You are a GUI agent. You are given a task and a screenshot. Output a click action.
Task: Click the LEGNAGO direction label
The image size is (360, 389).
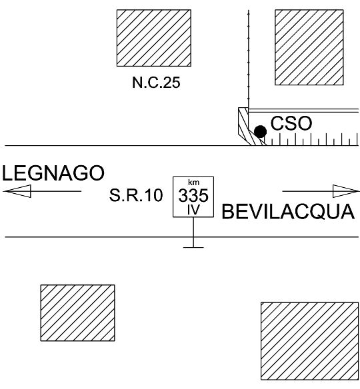[x=53, y=173]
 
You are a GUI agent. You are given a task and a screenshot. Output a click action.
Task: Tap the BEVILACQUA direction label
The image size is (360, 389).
[x=288, y=212]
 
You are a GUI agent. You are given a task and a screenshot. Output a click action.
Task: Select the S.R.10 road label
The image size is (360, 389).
[x=136, y=195]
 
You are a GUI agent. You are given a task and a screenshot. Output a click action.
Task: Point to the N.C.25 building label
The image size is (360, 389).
[x=156, y=83]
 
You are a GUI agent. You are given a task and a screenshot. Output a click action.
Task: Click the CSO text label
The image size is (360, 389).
[x=291, y=123]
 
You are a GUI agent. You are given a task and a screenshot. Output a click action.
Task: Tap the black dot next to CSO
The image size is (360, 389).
[x=261, y=131]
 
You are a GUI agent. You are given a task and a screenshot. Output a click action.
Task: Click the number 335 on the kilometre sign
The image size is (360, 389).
[x=193, y=195]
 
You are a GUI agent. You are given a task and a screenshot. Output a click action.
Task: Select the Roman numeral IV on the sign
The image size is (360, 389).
[x=193, y=210]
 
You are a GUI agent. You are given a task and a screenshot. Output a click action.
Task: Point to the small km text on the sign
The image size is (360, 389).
[x=193, y=183]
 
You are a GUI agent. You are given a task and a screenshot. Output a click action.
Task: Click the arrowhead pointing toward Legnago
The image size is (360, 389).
[x=17, y=191]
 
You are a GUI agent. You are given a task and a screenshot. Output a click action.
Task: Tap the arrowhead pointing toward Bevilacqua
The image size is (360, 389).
[x=346, y=191]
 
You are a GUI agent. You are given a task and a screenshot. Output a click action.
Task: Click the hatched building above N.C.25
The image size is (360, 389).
[x=154, y=38]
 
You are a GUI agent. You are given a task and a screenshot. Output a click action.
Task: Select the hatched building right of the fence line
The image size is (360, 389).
[x=309, y=47]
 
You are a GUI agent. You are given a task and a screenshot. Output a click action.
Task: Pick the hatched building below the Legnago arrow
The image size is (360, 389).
[x=78, y=313]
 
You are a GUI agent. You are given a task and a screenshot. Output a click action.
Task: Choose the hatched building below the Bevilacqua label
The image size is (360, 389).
[x=309, y=344]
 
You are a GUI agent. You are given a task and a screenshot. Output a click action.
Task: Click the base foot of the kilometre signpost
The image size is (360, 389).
[x=193, y=247]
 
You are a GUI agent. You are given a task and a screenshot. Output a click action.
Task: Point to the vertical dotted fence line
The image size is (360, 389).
[x=248, y=59]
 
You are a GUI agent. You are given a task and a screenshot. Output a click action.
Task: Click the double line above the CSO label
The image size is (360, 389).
[x=303, y=111]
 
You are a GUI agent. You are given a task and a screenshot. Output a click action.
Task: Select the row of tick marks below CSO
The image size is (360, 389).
[x=313, y=139]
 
